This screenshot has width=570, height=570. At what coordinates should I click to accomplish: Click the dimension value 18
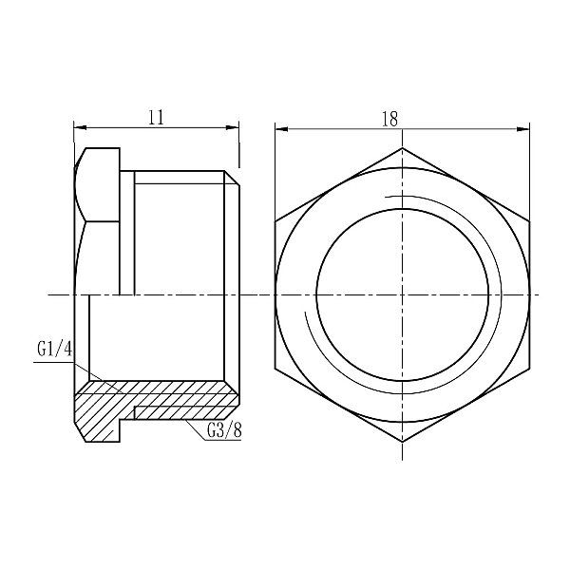389,118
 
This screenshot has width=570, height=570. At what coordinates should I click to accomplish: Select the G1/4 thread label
55,350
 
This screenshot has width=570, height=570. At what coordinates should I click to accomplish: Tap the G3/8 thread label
224,430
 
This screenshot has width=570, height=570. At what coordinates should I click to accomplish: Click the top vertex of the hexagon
403,147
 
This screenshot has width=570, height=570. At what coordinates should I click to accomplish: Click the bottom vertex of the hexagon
403,443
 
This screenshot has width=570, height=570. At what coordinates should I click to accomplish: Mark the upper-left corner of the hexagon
275,221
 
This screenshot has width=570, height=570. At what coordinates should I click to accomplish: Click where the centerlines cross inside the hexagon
403,294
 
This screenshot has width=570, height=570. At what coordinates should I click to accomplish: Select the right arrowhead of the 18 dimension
524,127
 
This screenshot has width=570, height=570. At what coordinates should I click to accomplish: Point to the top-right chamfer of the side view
232,179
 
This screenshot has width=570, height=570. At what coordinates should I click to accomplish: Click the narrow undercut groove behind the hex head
127,233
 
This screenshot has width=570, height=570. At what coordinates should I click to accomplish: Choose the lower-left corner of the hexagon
275,369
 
